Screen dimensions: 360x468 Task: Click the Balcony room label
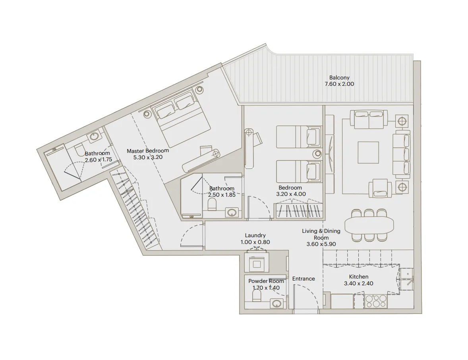coord(339,78)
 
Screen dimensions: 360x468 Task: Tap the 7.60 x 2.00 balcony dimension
coord(339,84)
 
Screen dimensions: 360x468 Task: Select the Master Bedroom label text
coord(147,151)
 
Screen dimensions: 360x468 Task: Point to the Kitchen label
coord(358,277)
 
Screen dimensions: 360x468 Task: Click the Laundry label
coord(255,236)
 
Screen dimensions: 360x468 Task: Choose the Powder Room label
coord(266,281)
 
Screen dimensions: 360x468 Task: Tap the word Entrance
coord(304,279)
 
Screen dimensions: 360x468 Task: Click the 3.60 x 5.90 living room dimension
coord(321,244)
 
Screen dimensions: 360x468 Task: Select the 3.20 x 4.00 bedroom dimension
coord(291,194)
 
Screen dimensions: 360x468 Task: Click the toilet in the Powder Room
coord(256,295)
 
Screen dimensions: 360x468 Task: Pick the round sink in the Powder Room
coord(277,304)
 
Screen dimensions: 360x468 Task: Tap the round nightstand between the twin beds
coord(317,154)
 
